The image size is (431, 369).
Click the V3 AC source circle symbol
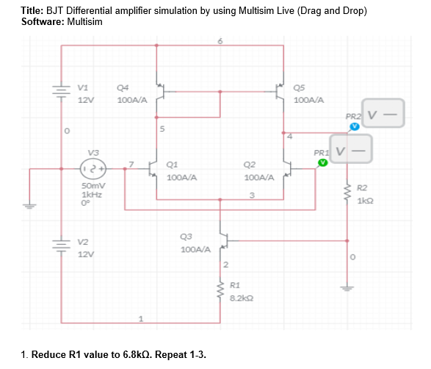click(93, 168)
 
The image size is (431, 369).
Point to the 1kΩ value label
click(366, 201)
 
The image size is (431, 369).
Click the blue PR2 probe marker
click(355, 126)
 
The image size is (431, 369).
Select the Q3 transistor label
click(186, 237)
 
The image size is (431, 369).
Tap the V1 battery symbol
click(61, 91)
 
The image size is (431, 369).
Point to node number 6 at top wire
click(220, 40)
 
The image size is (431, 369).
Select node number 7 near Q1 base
click(131, 162)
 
